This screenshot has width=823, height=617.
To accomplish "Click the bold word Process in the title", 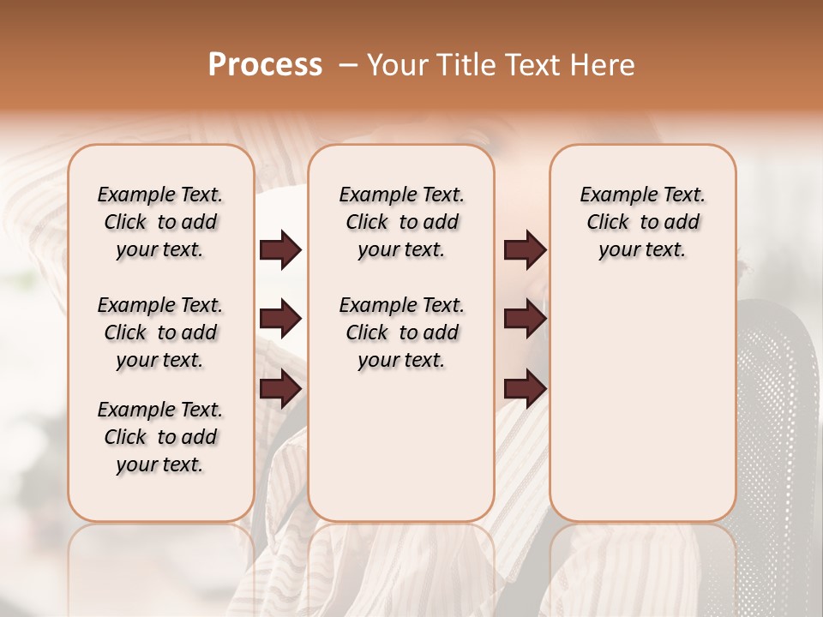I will (x=265, y=65).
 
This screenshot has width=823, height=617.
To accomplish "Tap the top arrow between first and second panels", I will (x=280, y=250).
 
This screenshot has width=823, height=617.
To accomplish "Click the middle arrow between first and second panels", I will (x=280, y=320).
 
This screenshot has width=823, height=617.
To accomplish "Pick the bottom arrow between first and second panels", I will (x=280, y=389).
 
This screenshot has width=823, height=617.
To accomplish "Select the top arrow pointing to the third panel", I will (x=525, y=250).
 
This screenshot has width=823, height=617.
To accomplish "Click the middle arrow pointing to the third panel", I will (x=525, y=320).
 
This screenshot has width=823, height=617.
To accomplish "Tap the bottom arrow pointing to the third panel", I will (x=525, y=389).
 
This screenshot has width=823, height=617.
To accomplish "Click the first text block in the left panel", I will (x=160, y=222).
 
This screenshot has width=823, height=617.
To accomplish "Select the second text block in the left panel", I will (x=160, y=332).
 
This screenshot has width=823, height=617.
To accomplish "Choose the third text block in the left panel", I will (x=160, y=437).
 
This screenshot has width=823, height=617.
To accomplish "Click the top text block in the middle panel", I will (x=401, y=222).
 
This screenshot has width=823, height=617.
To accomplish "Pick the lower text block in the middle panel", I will (x=401, y=332).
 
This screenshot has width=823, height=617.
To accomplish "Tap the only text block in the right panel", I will (x=642, y=222).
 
